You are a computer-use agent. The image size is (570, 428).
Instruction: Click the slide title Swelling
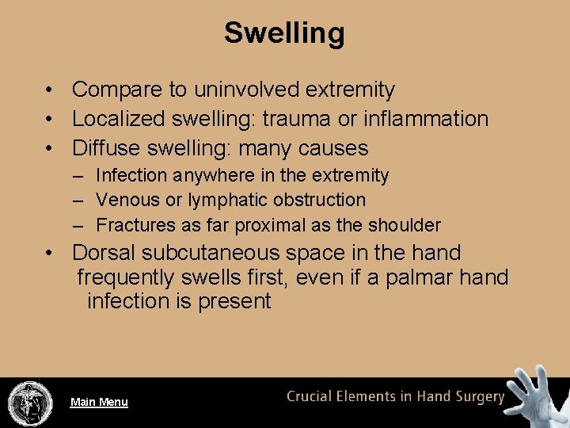284,33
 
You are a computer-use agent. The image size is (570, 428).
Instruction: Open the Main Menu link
99,402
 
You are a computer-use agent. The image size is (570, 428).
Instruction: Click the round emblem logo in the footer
29,402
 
